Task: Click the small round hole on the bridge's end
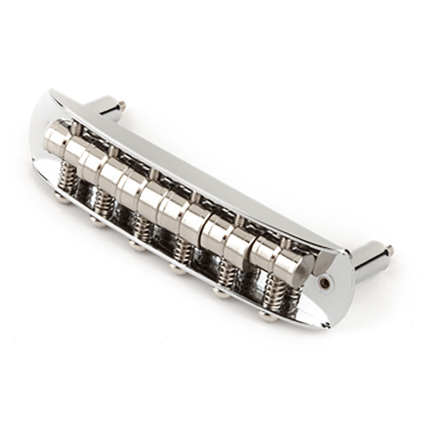324,282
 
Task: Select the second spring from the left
103,201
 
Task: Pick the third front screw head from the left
135,245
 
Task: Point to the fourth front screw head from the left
177,269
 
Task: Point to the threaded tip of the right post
389,250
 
